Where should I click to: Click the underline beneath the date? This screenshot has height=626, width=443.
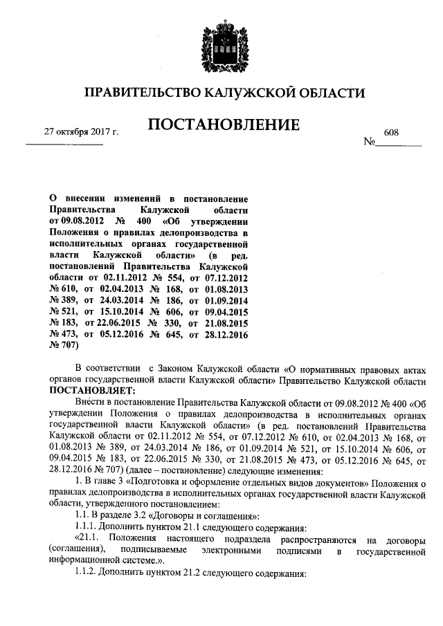64,144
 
